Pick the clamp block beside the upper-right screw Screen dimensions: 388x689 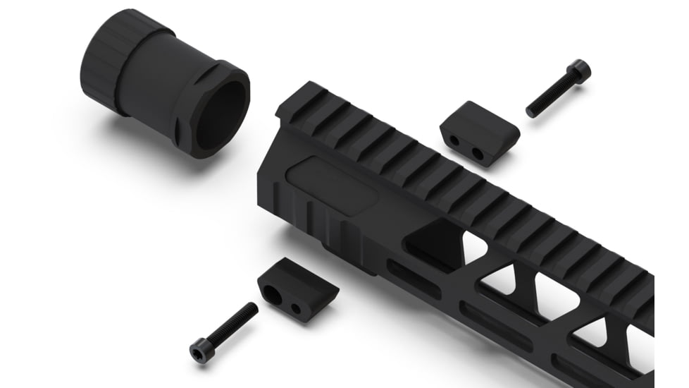(x=480, y=131)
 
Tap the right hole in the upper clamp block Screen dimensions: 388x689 (x=477, y=152)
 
